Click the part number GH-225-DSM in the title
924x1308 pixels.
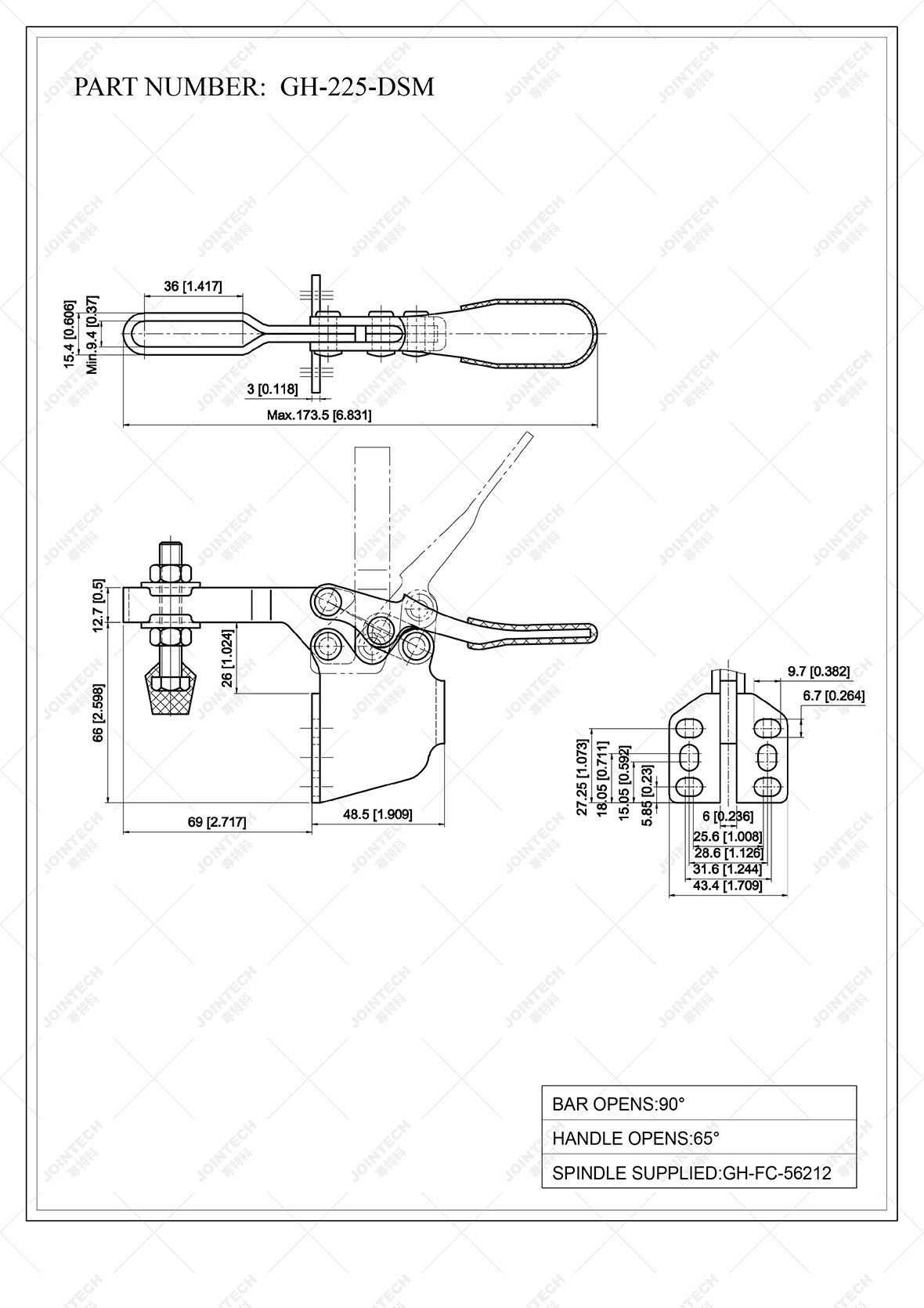tap(356, 87)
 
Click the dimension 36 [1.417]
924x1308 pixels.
tap(193, 287)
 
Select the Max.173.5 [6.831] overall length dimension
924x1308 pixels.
tap(319, 415)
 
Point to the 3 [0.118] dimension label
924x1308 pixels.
tap(272, 389)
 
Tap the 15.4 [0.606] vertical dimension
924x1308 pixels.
tap(70, 334)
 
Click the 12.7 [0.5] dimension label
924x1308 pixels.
tap(99, 605)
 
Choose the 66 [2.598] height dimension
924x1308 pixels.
tap(99, 713)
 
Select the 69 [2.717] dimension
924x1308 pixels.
tap(217, 822)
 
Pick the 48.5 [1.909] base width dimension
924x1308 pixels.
tap(377, 814)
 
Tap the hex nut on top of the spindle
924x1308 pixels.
tap(169, 570)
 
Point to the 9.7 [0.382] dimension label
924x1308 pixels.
tap(818, 671)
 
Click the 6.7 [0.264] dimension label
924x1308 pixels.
tap(833, 695)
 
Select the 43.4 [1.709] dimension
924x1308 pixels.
tap(727, 886)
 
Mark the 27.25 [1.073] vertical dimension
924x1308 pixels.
tap(582, 777)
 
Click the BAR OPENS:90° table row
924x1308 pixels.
tap(698, 1104)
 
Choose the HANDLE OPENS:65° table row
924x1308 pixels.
tap(698, 1138)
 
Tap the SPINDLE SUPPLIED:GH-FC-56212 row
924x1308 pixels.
tap(698, 1173)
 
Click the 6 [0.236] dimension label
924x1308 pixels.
tap(727, 816)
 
